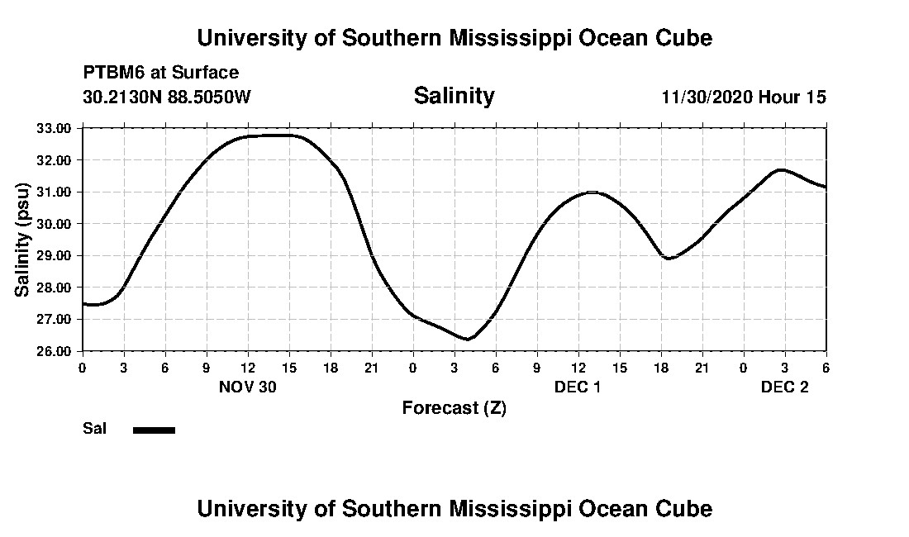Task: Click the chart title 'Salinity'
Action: tap(454, 96)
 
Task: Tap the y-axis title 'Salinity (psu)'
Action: tap(23, 240)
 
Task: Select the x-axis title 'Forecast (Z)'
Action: tap(454, 407)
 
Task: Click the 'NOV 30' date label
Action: tap(247, 387)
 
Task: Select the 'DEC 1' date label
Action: tap(578, 387)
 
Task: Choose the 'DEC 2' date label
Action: tap(784, 387)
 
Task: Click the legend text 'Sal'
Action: tap(95, 429)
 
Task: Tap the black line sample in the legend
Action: tap(154, 430)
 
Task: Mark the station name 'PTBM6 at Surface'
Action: tap(161, 73)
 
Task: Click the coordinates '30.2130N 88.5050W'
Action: tap(167, 97)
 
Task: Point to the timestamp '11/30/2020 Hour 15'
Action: tap(744, 97)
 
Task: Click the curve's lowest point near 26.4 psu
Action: tap(468, 339)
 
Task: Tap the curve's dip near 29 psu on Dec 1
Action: tap(669, 259)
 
